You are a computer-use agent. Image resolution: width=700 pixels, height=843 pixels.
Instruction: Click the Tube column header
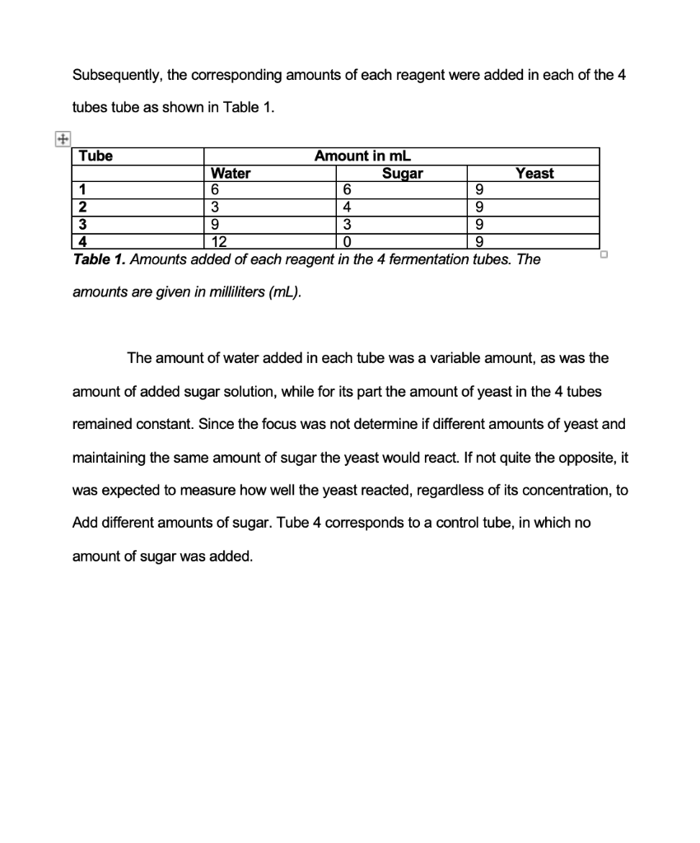[96, 156]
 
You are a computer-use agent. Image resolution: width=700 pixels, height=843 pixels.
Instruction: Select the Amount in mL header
[363, 156]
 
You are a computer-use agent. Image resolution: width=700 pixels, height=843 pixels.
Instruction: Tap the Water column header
[231, 173]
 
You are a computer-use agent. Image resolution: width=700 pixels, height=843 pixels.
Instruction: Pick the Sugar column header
[403, 173]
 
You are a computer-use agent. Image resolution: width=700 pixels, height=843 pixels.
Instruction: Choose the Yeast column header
[534, 173]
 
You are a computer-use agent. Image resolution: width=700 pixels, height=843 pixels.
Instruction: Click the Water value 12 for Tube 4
[219, 241]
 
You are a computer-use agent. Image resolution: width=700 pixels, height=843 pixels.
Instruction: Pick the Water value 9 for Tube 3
[216, 224]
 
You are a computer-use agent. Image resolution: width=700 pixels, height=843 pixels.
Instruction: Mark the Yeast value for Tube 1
[479, 190]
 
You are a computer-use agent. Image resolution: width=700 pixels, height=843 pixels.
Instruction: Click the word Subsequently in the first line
[117, 76]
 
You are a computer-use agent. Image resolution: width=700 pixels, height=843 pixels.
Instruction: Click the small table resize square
[604, 254]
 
